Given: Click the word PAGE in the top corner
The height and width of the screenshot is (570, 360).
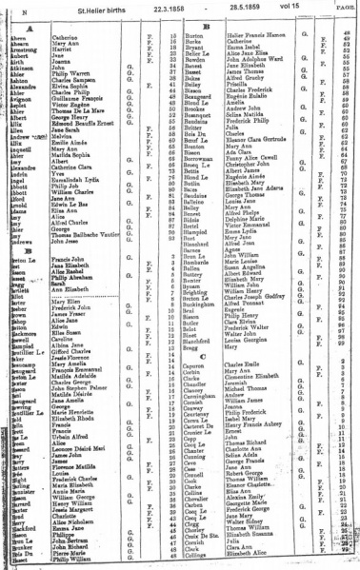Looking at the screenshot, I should pyautogui.click(x=344, y=6).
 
